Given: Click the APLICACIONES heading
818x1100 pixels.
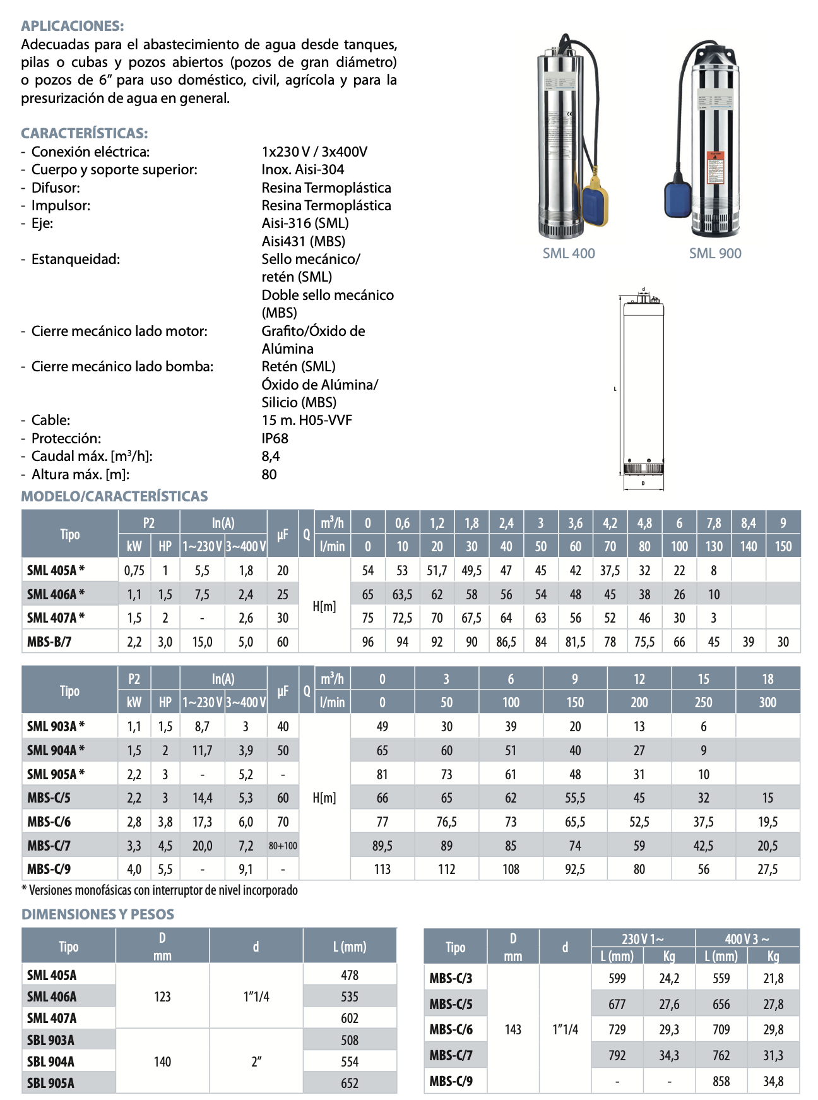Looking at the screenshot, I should [73, 26].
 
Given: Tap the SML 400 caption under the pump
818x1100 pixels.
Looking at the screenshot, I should [569, 253].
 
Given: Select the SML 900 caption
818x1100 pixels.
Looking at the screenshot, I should [715, 253].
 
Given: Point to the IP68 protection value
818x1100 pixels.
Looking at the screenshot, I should [275, 438].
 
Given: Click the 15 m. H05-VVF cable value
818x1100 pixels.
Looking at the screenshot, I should [307, 420].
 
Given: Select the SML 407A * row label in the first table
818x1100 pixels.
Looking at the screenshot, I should [56, 618].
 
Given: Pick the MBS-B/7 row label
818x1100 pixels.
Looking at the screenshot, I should [49, 642].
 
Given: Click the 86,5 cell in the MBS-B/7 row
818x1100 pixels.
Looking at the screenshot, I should [506, 642].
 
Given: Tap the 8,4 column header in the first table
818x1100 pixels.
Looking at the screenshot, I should [749, 523].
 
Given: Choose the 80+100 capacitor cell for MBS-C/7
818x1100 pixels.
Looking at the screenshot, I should [283, 846].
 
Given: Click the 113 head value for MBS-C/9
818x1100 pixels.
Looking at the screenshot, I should [382, 869].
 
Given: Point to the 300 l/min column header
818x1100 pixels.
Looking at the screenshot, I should [768, 702].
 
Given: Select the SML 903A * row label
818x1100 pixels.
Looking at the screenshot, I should [56, 726].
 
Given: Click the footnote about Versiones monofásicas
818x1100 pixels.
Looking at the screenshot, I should [160, 890].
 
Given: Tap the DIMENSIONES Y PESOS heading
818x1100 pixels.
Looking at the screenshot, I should [98, 914].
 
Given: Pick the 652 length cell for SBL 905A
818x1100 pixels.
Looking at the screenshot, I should [350, 1083].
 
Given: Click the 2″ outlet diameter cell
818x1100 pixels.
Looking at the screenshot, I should [256, 1061].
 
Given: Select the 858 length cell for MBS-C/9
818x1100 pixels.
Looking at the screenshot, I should [721, 1081].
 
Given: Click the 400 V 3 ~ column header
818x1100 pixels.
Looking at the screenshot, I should [747, 938].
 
